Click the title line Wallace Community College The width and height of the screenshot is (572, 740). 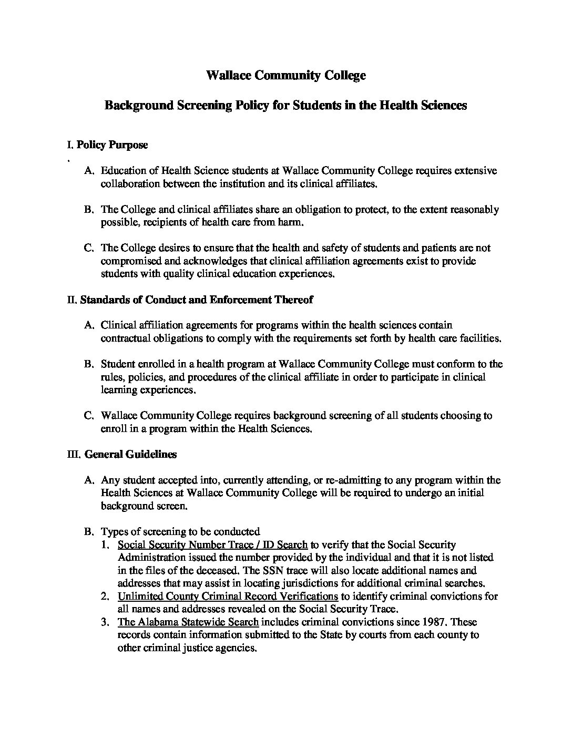[285, 75]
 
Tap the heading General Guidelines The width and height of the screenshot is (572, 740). [130, 454]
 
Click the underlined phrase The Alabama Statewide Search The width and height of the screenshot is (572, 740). [188, 622]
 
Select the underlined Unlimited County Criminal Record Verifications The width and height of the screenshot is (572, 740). [228, 596]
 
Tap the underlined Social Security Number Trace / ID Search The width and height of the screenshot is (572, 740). [213, 544]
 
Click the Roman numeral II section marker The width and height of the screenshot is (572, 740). [72, 300]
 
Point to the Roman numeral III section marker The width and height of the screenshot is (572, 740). [73, 455]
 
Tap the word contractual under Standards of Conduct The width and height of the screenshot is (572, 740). [124, 338]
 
